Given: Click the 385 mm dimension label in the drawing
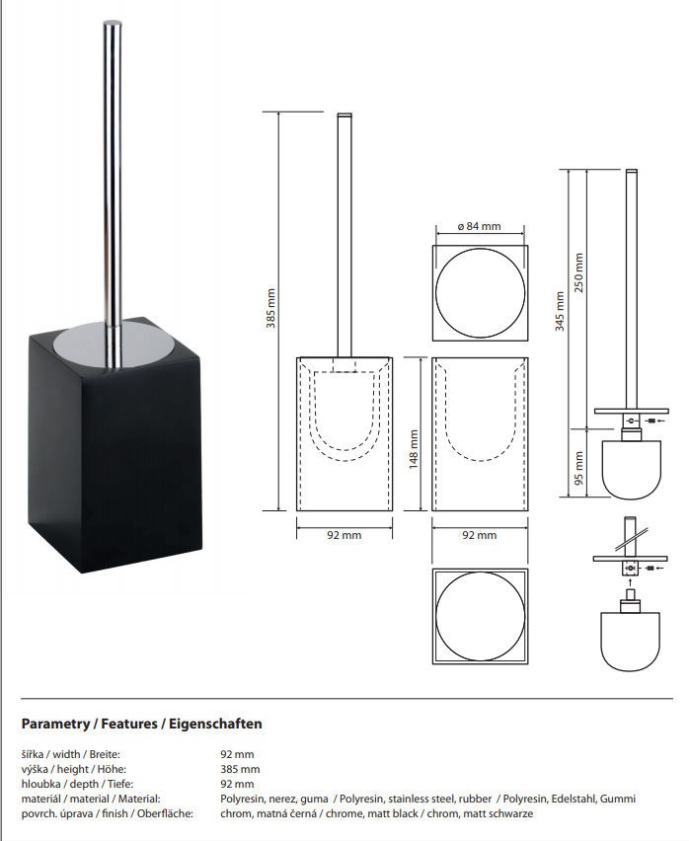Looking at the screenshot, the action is click(x=270, y=308).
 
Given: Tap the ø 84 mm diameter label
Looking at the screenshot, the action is click(x=480, y=226).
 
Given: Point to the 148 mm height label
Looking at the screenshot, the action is click(x=414, y=449).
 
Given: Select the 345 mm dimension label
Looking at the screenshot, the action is click(x=560, y=312).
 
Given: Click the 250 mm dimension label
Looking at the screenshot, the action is click(x=578, y=273).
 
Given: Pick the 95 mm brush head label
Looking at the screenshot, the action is click(x=578, y=468).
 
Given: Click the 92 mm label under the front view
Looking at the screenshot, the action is click(x=344, y=535).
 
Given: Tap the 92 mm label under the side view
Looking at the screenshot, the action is click(x=480, y=535).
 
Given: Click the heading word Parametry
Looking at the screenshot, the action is click(x=55, y=725).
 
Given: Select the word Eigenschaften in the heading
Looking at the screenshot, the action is click(x=215, y=725).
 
